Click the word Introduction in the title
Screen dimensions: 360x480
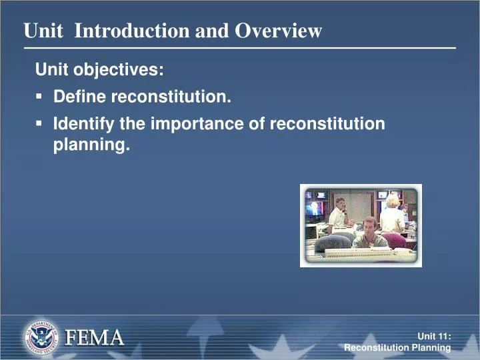[x=132, y=31]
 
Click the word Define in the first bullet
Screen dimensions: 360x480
[x=79, y=97]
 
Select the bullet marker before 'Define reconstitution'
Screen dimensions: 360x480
[x=39, y=97]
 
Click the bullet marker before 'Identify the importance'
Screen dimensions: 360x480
[x=39, y=124]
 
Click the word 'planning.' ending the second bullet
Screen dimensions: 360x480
[x=91, y=145]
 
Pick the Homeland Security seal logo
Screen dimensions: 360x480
[x=41, y=336]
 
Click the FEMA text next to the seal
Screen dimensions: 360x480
[x=94, y=337]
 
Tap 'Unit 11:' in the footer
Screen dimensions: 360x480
[x=434, y=337]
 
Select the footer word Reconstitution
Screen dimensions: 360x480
[x=375, y=348]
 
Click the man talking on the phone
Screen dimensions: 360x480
[x=339, y=213]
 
